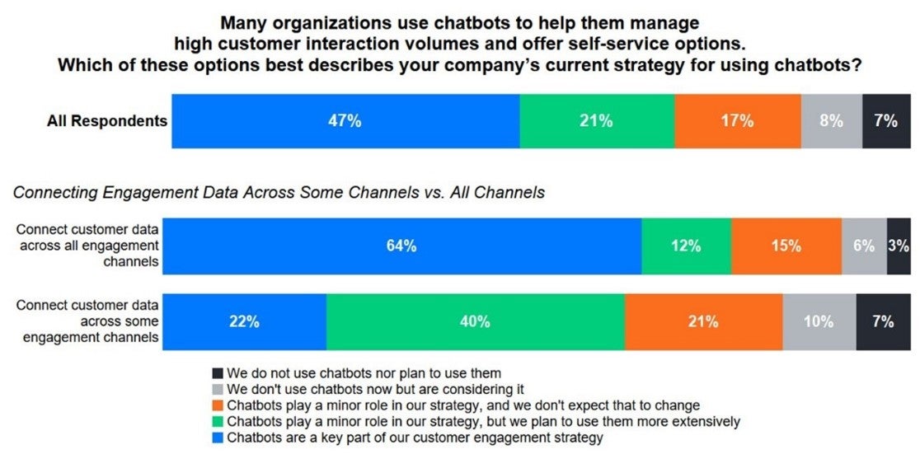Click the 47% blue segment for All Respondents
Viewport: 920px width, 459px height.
345,121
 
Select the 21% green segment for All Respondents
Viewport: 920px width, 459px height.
597,121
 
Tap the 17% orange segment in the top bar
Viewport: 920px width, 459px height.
737,121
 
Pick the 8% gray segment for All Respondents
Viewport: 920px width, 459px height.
832,121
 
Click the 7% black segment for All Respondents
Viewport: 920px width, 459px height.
886,121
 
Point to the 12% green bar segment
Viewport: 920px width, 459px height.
686,246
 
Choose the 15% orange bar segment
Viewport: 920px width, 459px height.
786,246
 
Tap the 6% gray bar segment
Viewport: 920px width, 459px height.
864,246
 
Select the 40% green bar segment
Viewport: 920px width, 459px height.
476,322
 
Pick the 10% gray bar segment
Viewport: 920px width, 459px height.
819,322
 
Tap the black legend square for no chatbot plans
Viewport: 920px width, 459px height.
218,373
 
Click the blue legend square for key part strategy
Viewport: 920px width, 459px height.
218,438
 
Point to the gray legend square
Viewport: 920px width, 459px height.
218,389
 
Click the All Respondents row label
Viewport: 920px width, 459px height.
107,121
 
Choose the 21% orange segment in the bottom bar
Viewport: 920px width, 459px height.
703,322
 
